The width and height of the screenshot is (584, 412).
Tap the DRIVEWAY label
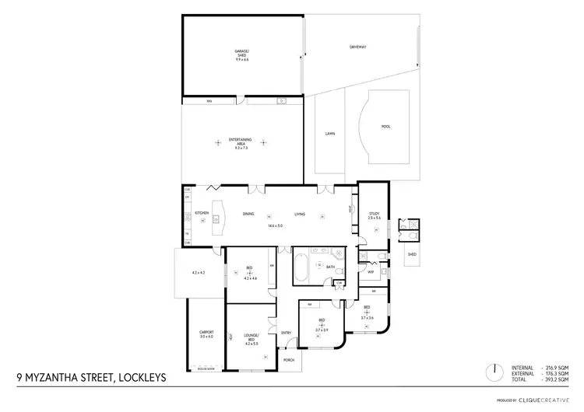click(357, 48)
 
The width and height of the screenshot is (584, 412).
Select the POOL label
click(385, 127)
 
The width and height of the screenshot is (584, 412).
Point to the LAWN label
click(329, 134)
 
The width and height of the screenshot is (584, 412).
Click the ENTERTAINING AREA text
click(241, 141)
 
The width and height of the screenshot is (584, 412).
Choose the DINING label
click(248, 214)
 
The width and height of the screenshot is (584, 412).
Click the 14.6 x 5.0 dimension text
click(274, 225)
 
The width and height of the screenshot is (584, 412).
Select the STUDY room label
click(373, 214)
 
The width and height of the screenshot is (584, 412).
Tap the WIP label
click(371, 272)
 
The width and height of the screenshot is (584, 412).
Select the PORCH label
click(288, 360)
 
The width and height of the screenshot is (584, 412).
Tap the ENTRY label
click(286, 333)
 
